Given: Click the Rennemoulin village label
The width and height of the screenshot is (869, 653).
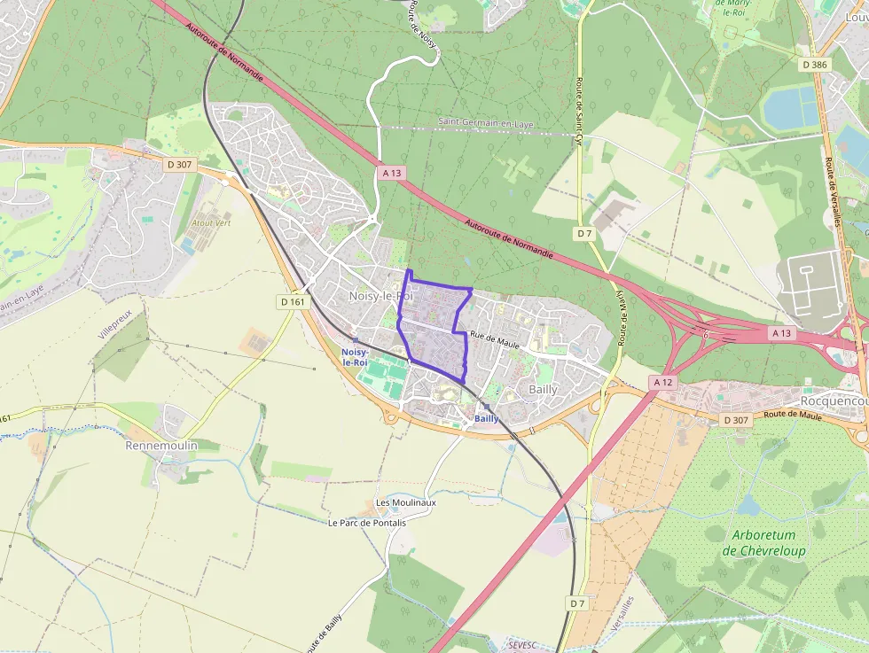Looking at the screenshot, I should (x=161, y=445).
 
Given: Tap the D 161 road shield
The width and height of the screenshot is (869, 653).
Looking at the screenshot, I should (x=293, y=301).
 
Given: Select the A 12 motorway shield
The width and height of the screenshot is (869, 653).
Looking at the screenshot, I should (x=662, y=382).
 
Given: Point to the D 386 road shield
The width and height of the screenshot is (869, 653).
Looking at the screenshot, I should (x=813, y=65).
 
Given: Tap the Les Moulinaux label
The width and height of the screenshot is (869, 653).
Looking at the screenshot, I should (x=406, y=502).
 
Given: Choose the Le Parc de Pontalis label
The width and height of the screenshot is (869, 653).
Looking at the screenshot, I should (x=366, y=523).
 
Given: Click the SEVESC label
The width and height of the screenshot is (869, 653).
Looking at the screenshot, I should (x=523, y=643).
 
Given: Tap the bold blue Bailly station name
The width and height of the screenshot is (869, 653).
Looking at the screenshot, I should (x=487, y=418).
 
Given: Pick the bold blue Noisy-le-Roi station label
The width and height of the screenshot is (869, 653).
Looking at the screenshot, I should (x=354, y=357).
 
